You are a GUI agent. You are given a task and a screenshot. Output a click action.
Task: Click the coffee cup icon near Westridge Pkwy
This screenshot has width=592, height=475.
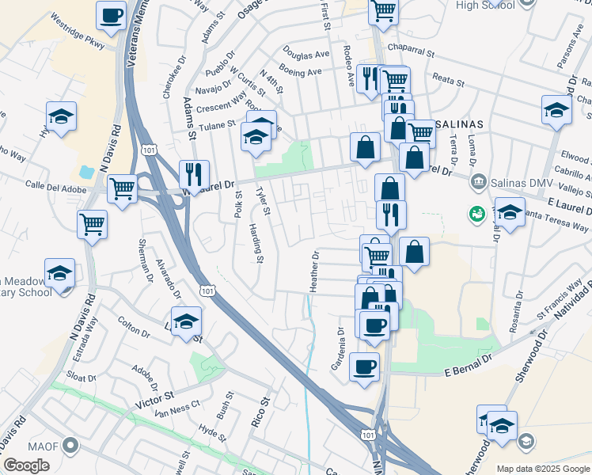coord(112,15)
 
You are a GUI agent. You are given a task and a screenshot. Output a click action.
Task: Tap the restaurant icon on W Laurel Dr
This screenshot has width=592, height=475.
coord(194,173)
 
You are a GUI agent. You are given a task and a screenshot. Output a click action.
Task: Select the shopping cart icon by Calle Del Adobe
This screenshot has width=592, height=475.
coord(122,189)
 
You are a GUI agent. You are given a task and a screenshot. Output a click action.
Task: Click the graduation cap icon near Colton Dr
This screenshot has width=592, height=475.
coord(187,321)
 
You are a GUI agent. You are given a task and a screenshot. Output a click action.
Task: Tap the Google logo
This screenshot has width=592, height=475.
coord(27,465)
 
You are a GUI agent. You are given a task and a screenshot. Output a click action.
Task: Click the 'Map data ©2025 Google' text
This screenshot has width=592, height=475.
coord(544,469)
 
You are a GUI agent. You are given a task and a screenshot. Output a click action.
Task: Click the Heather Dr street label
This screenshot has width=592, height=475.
coord(314,272)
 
